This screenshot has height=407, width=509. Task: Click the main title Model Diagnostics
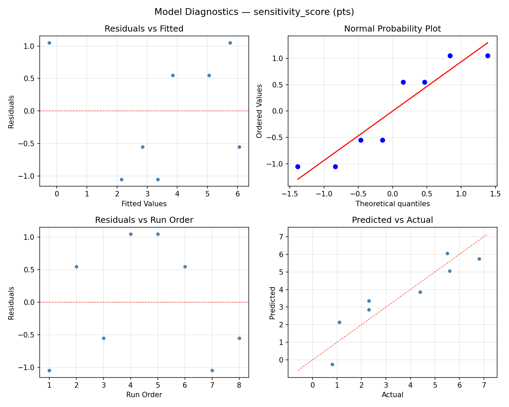254,12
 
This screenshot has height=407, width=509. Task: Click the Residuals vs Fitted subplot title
144,29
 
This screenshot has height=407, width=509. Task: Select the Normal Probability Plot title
392,29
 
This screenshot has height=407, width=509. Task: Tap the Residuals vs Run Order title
144,220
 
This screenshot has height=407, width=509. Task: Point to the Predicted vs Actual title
392,220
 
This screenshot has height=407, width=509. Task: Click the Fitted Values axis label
144,204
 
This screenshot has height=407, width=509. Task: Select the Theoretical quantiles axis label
392,204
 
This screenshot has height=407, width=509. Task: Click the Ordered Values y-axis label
260,111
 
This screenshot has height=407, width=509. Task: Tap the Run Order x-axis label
144,395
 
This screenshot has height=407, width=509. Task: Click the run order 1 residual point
49,370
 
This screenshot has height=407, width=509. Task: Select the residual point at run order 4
131,234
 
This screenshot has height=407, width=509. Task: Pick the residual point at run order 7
212,370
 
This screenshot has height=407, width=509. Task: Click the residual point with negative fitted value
49,43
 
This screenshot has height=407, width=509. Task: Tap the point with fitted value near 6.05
239,147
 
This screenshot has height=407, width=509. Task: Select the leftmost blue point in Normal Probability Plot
298,167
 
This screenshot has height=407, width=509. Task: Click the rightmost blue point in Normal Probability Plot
488,56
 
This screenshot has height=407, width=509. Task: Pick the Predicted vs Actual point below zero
332,364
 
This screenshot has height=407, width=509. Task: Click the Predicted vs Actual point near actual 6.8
479,259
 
